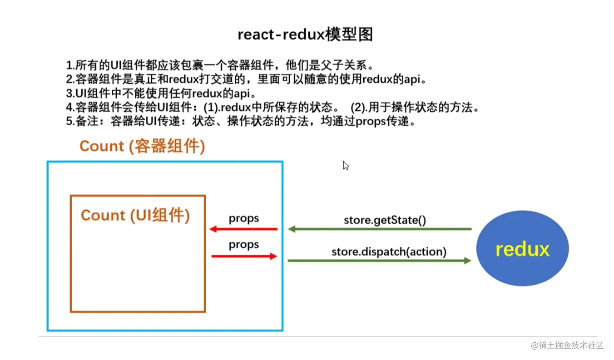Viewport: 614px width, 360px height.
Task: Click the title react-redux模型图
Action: tap(305, 35)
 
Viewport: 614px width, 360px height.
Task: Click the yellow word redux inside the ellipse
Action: tap(522, 249)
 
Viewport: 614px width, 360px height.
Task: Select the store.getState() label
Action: tap(385, 221)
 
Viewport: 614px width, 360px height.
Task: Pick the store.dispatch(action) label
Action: tap(389, 251)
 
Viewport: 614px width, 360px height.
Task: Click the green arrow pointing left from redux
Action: tap(380, 229)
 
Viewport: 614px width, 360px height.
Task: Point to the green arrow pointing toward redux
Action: tap(380, 261)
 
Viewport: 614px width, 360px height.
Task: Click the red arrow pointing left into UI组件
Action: tap(243, 229)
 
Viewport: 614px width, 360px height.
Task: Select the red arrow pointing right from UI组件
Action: tap(244, 256)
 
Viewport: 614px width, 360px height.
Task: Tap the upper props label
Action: tap(244, 218)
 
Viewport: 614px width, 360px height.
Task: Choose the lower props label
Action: tap(244, 245)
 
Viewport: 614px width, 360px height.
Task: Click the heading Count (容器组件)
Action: tap(142, 146)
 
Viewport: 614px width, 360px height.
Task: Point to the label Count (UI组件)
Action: tap(135, 215)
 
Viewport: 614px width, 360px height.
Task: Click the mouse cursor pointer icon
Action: tap(346, 166)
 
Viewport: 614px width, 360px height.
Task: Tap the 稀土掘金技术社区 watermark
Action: tap(567, 345)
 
